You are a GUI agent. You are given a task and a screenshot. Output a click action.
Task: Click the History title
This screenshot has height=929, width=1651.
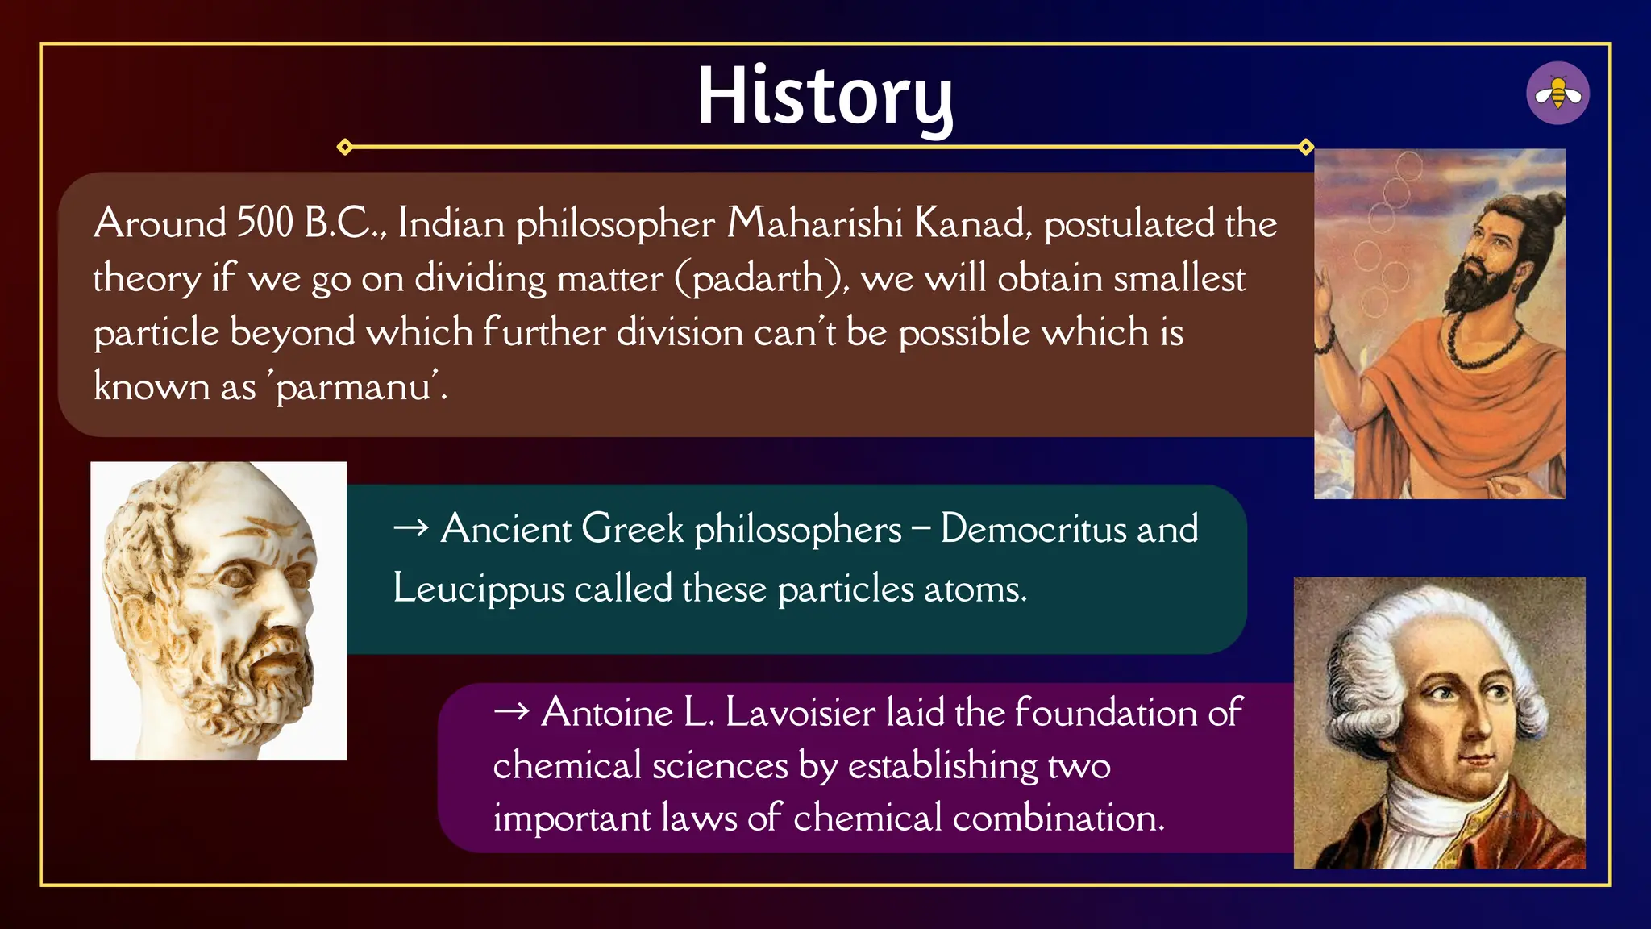pyautogui.click(x=824, y=97)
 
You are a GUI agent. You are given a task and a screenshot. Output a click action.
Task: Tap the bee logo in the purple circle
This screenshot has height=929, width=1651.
pyautogui.click(x=1557, y=94)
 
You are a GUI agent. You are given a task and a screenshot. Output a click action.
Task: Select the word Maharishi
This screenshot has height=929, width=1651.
pyautogui.click(x=814, y=223)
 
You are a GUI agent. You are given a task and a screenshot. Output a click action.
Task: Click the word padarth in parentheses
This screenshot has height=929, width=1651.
pyautogui.click(x=758, y=279)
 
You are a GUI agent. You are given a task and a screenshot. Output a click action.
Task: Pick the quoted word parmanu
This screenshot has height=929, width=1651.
pyautogui.click(x=355, y=387)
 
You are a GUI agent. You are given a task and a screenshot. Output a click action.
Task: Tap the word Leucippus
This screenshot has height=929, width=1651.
pyautogui.click(x=478, y=589)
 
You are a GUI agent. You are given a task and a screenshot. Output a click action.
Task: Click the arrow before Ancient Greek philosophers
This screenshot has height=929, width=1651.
pyautogui.click(x=410, y=528)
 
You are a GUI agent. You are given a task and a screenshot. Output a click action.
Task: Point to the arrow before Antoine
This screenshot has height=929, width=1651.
pyautogui.click(x=511, y=711)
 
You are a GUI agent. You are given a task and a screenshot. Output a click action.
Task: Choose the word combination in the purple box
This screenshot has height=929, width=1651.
pyautogui.click(x=1058, y=818)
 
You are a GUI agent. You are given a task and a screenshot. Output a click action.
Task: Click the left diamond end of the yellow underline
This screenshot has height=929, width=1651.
pyautogui.click(x=345, y=147)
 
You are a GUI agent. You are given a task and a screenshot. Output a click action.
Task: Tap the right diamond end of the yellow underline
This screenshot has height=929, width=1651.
pyautogui.click(x=1306, y=147)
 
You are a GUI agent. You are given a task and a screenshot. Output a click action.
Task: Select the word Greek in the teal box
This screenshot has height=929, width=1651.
pyautogui.click(x=632, y=530)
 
